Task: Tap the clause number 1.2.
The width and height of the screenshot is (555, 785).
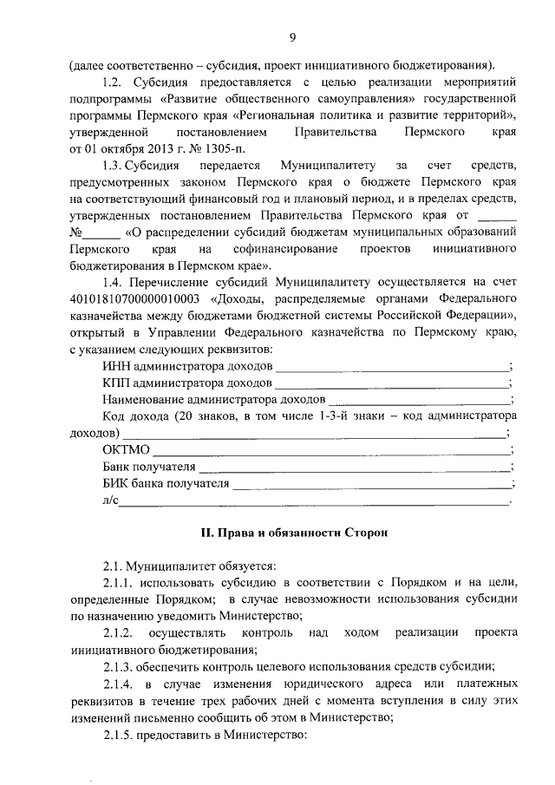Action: (114, 82)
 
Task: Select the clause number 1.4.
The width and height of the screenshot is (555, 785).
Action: (114, 282)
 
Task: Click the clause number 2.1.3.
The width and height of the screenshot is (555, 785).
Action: (120, 666)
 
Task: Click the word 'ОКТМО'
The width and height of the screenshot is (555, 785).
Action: (127, 450)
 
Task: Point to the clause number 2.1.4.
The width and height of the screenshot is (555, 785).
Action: (120, 685)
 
